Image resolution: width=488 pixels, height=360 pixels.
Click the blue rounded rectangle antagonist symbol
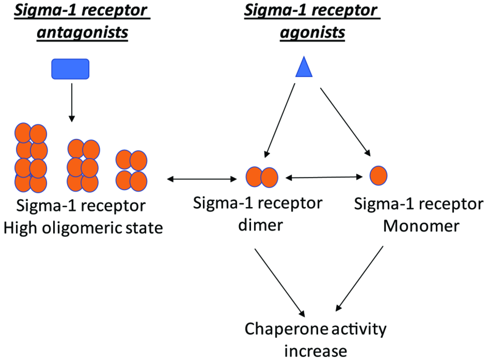(x=70, y=69)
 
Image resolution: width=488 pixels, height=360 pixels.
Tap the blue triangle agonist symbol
(x=304, y=67)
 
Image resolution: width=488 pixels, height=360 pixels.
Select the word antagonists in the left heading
(x=83, y=33)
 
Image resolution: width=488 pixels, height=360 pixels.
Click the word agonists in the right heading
(x=313, y=33)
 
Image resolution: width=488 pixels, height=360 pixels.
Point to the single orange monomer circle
(x=378, y=175)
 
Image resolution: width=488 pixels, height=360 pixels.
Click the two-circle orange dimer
(x=262, y=177)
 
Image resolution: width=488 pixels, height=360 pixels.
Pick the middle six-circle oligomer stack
(x=83, y=165)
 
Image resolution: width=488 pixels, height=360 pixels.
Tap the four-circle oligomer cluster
(x=131, y=170)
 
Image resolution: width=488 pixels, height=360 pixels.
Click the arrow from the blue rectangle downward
(x=72, y=102)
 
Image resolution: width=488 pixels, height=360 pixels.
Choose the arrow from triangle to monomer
(x=346, y=122)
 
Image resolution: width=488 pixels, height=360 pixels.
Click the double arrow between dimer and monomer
(x=324, y=177)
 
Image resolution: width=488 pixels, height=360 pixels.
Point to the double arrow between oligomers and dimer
(x=202, y=179)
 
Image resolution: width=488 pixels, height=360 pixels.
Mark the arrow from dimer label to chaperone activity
(x=280, y=282)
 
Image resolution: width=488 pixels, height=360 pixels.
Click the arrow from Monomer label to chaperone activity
(x=359, y=278)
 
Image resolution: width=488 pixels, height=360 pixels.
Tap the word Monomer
(x=421, y=226)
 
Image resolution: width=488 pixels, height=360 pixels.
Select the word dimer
(x=261, y=225)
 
